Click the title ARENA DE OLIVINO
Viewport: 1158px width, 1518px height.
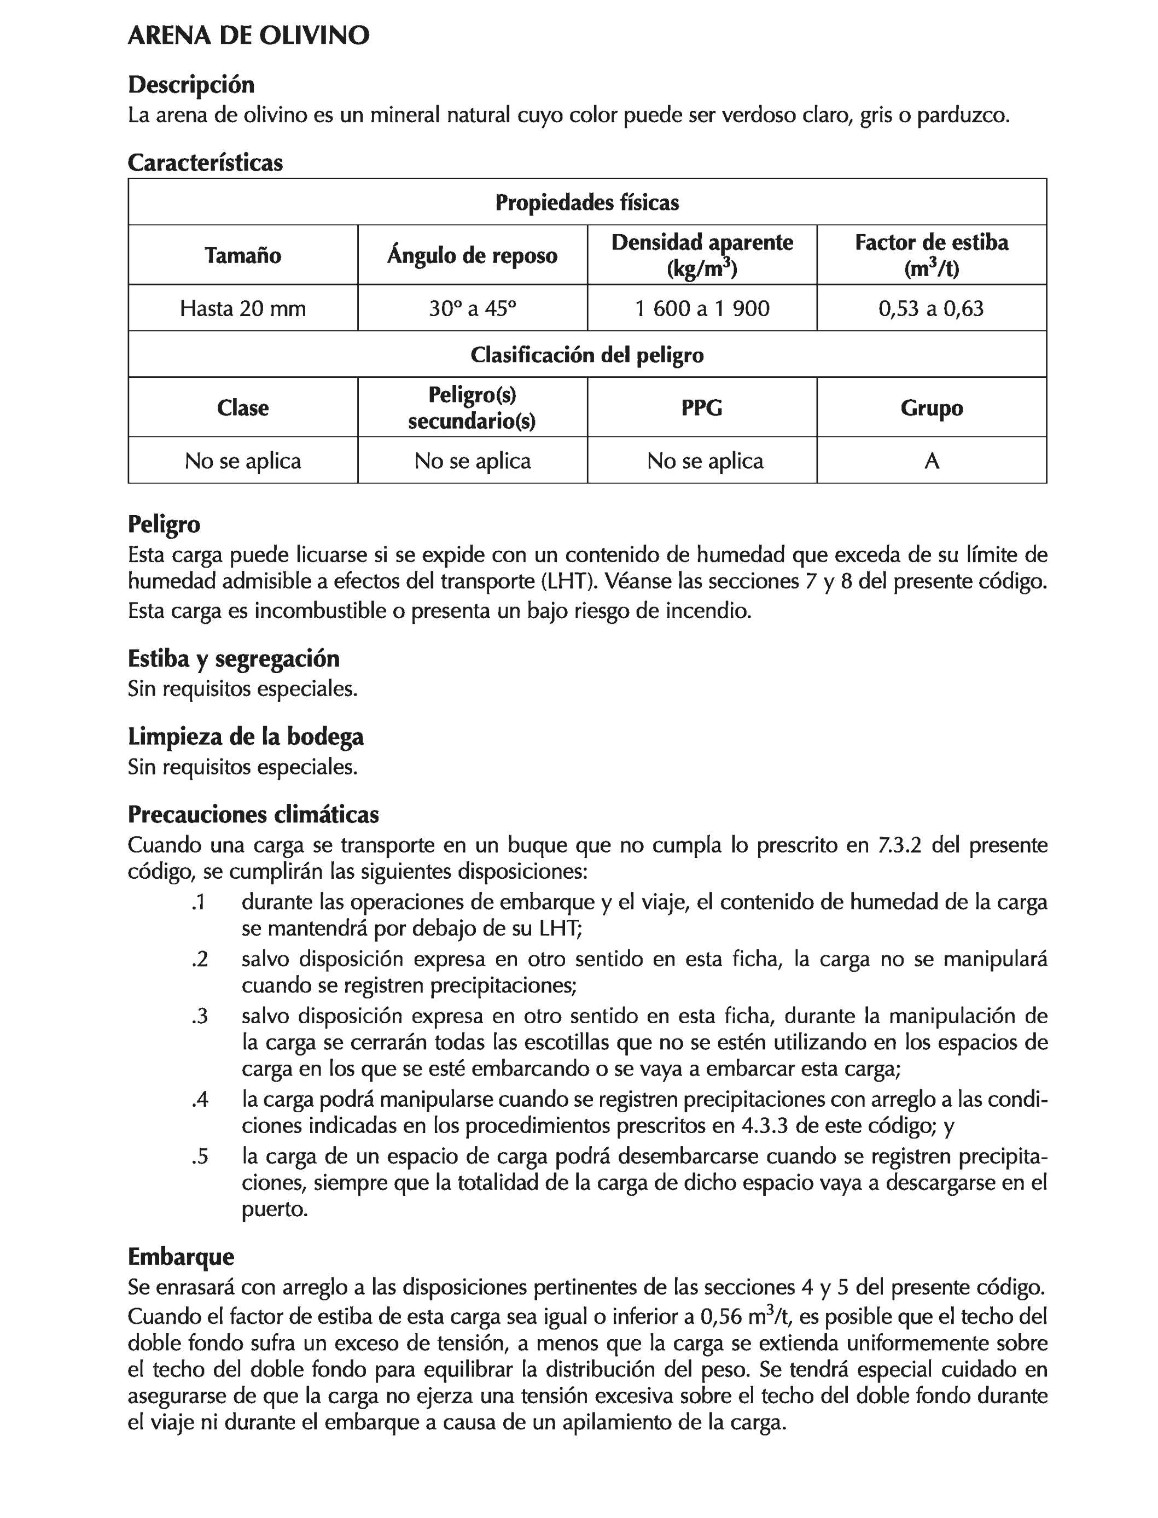[248, 36]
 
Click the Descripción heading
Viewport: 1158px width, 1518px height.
[191, 85]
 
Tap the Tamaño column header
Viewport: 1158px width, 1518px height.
[243, 255]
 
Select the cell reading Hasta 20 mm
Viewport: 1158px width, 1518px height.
[243, 308]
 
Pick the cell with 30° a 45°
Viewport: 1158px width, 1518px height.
[472, 308]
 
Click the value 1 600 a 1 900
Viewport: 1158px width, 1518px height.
[702, 308]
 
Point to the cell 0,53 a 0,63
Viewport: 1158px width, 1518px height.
[931, 308]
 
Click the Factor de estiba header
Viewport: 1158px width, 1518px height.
[931, 254]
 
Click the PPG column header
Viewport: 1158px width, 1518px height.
[702, 408]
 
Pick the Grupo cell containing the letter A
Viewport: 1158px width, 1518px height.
[931, 460]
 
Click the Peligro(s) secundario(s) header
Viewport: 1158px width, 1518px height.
[472, 407]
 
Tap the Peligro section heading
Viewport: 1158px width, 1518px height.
[164, 524]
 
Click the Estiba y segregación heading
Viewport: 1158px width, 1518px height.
[234, 659]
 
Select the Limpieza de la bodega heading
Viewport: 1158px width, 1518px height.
[246, 737]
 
